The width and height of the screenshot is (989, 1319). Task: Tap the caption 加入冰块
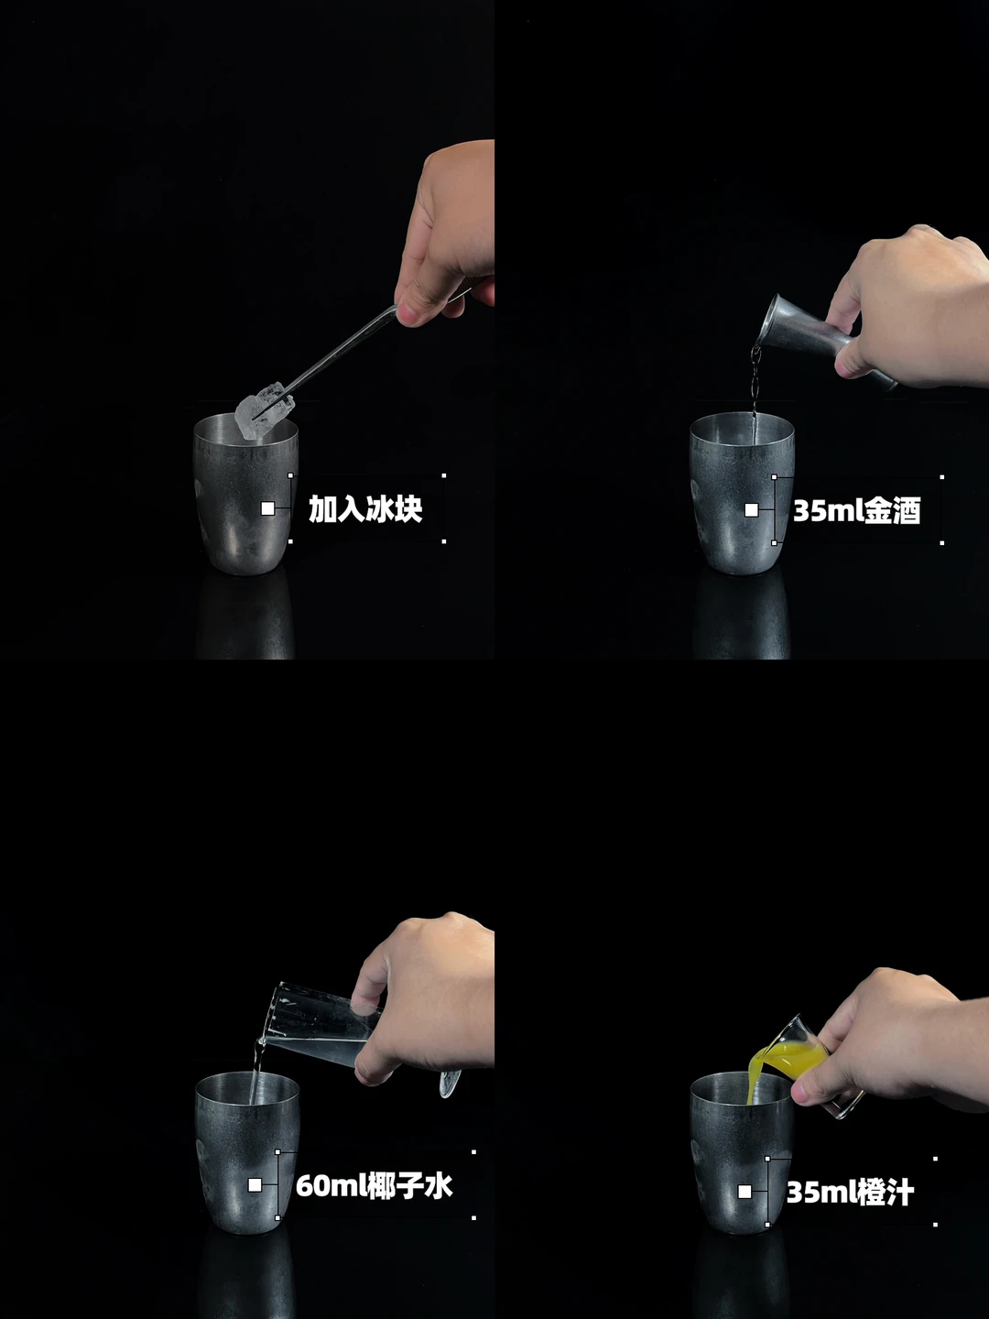tap(365, 509)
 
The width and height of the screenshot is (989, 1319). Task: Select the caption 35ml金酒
tap(857, 511)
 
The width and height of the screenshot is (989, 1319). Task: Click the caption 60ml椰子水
tap(374, 1186)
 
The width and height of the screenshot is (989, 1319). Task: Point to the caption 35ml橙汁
tap(850, 1193)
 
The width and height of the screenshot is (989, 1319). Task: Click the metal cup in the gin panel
tap(743, 493)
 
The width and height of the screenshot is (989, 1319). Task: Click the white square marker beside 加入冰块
tap(267, 508)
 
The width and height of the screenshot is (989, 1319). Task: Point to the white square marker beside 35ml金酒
tap(751, 510)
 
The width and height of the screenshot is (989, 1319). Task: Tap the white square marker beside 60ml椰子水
tap(255, 1185)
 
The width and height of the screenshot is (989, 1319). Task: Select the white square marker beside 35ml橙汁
tap(745, 1192)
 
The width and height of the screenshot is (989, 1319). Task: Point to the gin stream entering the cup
tap(755, 390)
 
